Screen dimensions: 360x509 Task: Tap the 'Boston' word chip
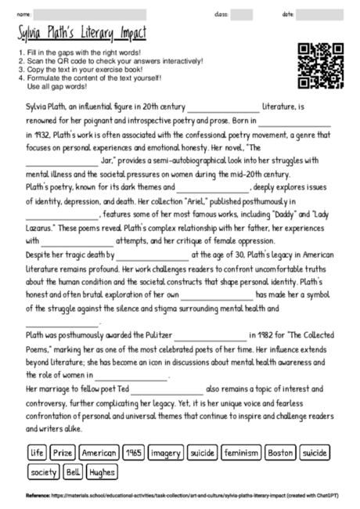pyautogui.click(x=280, y=453)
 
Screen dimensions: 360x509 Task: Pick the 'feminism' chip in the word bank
pyautogui.click(x=240, y=453)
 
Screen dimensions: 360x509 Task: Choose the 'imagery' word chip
pyautogui.click(x=164, y=453)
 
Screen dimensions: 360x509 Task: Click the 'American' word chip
pyautogui.click(x=98, y=453)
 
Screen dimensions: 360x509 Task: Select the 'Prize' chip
pyautogui.click(x=62, y=453)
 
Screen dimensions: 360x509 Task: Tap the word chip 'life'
pyautogui.click(x=37, y=453)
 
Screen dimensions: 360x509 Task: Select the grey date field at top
pyautogui.click(x=323, y=14)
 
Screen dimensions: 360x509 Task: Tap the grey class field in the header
pyautogui.click(x=242, y=14)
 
